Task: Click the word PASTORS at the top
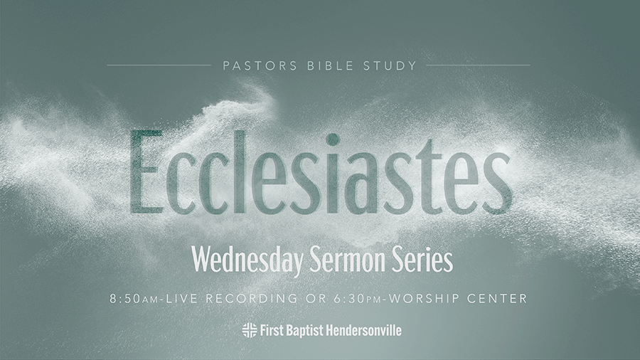point(251,66)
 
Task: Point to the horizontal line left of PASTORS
point(158,65)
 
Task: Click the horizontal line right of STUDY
point(478,65)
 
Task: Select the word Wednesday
point(248,261)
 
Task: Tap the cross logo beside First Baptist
point(249,330)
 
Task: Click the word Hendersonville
point(363,330)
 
